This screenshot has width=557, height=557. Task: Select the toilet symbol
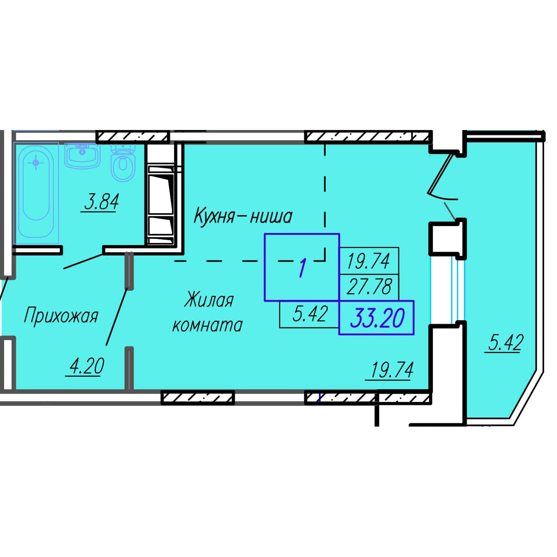pos(123,162)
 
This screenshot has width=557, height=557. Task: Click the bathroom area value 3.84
pos(101,202)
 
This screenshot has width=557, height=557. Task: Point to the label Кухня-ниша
pos(243,216)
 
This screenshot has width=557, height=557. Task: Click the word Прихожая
pos(61,316)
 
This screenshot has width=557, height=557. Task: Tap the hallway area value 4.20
pos(86,366)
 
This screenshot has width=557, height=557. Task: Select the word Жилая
pos(209,300)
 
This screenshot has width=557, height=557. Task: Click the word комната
pos(207,325)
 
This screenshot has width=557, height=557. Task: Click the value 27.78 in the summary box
pos(369,287)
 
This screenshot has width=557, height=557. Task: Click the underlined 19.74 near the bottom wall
pos(392,370)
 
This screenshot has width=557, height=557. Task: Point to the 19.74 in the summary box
pos(368,260)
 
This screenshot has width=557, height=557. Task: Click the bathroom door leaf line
pos(83,261)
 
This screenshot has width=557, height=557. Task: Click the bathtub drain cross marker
pos(36,163)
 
